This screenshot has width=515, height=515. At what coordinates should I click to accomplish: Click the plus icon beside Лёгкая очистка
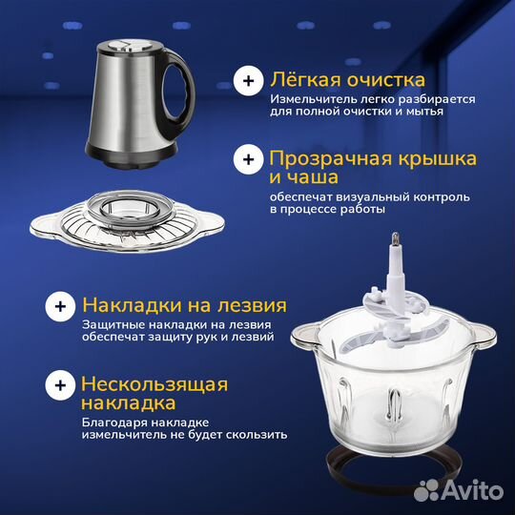(x=249, y=82)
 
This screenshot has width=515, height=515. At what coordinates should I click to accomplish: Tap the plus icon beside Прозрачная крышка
(x=249, y=158)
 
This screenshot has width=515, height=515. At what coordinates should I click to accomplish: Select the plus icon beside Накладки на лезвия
(x=60, y=307)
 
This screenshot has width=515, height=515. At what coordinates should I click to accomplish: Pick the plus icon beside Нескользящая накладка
(x=60, y=385)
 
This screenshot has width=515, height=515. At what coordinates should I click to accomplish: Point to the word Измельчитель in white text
(x=309, y=99)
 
